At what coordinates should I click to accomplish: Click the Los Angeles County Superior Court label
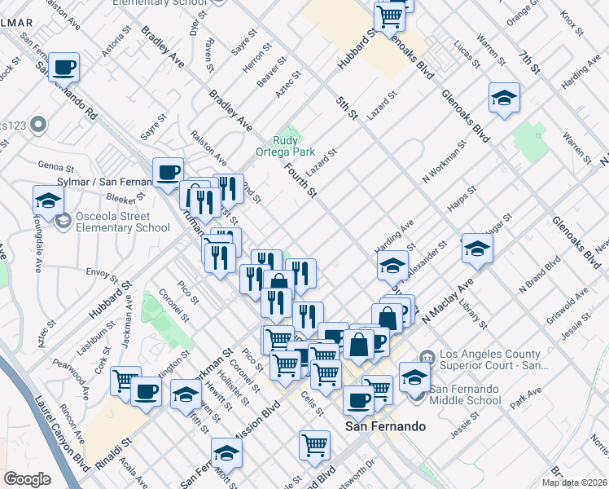click(x=491, y=359)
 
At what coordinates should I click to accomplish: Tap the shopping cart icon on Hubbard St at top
click(x=390, y=15)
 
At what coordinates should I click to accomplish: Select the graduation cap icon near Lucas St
click(x=505, y=99)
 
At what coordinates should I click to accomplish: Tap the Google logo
click(x=27, y=478)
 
